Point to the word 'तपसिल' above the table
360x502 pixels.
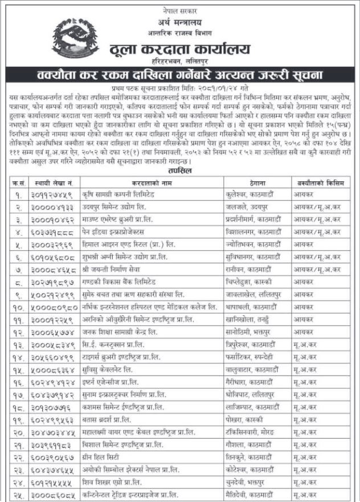coord(180,170)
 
